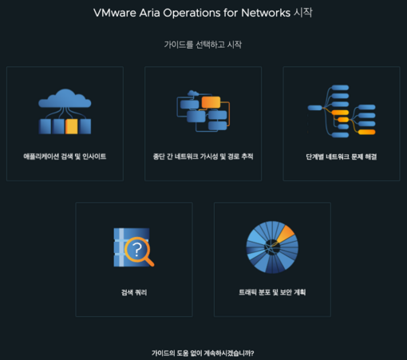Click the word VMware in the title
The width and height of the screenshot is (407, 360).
(x=115, y=13)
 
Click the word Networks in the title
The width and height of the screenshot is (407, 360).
(x=266, y=13)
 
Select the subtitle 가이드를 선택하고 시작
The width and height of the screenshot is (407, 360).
(x=203, y=45)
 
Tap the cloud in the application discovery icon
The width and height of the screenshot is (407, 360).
(x=65, y=98)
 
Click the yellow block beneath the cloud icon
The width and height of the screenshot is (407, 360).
(x=72, y=126)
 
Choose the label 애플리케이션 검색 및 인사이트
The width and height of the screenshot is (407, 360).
(x=65, y=156)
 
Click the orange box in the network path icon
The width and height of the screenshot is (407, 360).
(x=211, y=102)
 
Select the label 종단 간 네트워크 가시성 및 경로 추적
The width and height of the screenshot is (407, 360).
(x=203, y=156)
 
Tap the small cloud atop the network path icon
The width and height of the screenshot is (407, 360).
(x=193, y=93)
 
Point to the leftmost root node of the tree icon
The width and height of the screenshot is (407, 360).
(x=314, y=108)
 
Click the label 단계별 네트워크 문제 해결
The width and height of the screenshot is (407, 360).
(x=342, y=156)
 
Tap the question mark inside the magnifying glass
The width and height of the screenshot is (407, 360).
(x=137, y=250)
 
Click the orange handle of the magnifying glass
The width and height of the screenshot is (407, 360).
(x=149, y=262)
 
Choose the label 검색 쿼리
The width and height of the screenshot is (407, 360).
(x=134, y=292)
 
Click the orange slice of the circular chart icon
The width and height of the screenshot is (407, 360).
(x=286, y=233)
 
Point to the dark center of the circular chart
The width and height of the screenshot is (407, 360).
(x=272, y=247)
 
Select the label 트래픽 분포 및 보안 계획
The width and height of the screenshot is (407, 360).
(x=272, y=292)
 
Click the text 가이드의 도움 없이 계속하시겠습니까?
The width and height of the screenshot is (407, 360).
(x=203, y=353)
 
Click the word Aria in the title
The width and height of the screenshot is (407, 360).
(x=149, y=13)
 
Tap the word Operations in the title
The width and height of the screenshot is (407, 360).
(x=192, y=13)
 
